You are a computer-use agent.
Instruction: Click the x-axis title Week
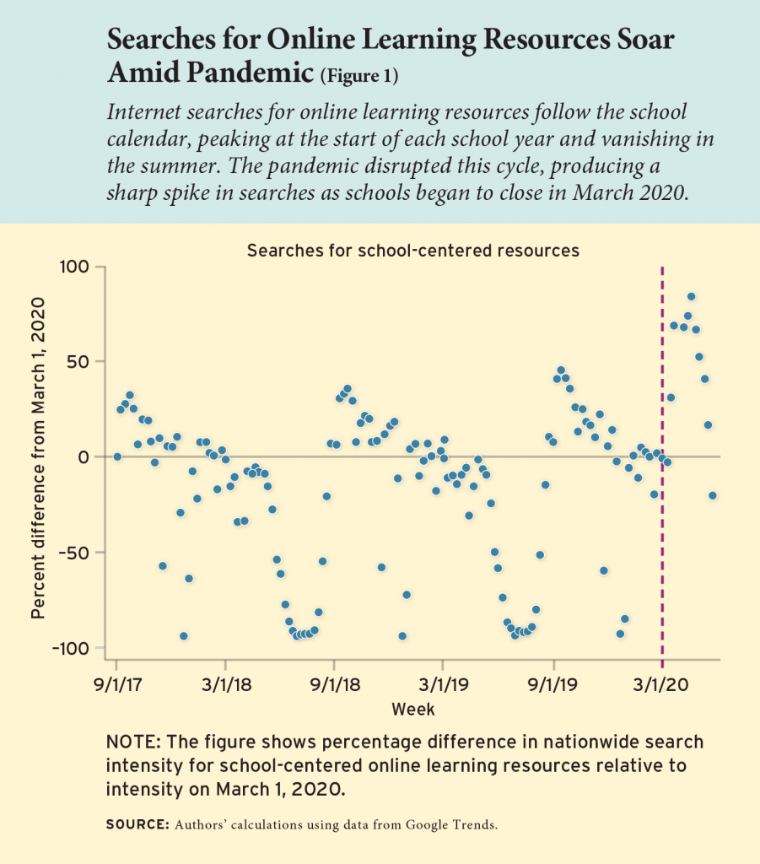(413, 709)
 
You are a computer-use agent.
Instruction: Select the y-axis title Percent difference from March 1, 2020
(38, 457)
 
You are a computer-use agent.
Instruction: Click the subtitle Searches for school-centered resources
(412, 250)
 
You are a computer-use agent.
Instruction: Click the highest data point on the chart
(691, 296)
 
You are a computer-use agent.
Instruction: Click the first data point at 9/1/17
(117, 456)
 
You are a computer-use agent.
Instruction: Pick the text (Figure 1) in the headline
(358, 78)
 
